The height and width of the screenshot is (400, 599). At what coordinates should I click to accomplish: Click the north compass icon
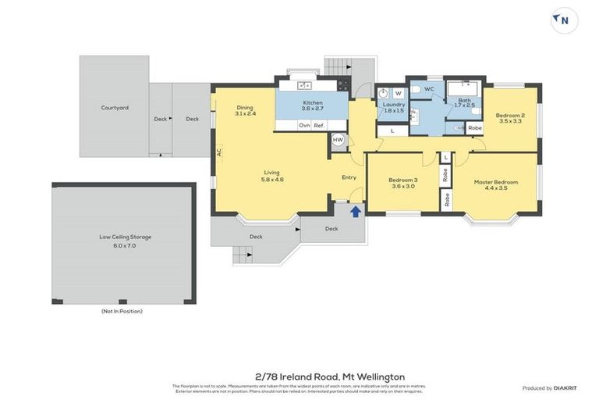[x=564, y=21]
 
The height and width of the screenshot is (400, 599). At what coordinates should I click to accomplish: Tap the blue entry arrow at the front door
[x=356, y=211]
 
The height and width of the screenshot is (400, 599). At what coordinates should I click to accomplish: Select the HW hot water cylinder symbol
[x=338, y=140]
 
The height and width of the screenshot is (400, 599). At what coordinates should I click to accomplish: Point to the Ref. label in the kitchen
[x=319, y=125]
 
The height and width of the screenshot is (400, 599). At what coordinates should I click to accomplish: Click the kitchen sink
[x=302, y=85]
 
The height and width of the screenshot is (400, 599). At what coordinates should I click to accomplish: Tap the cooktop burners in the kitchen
[x=342, y=86]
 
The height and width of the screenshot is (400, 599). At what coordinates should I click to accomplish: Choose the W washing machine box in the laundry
[x=398, y=93]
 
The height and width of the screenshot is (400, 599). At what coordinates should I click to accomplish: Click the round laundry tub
[x=383, y=93]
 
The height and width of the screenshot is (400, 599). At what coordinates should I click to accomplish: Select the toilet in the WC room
[x=416, y=90]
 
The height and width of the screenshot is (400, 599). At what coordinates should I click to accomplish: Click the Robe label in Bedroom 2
[x=475, y=127]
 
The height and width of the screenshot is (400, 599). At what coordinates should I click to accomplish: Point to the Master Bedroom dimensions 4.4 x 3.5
[x=496, y=188]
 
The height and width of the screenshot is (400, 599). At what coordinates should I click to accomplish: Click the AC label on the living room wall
[x=220, y=152]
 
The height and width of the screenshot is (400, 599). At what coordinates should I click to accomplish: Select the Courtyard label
[x=115, y=108]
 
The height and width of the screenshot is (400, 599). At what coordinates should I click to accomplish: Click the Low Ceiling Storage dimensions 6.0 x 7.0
[x=125, y=245]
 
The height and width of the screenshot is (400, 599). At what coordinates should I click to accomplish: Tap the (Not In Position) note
[x=122, y=311]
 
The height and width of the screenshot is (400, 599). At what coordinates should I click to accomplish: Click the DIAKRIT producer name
[x=565, y=388]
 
